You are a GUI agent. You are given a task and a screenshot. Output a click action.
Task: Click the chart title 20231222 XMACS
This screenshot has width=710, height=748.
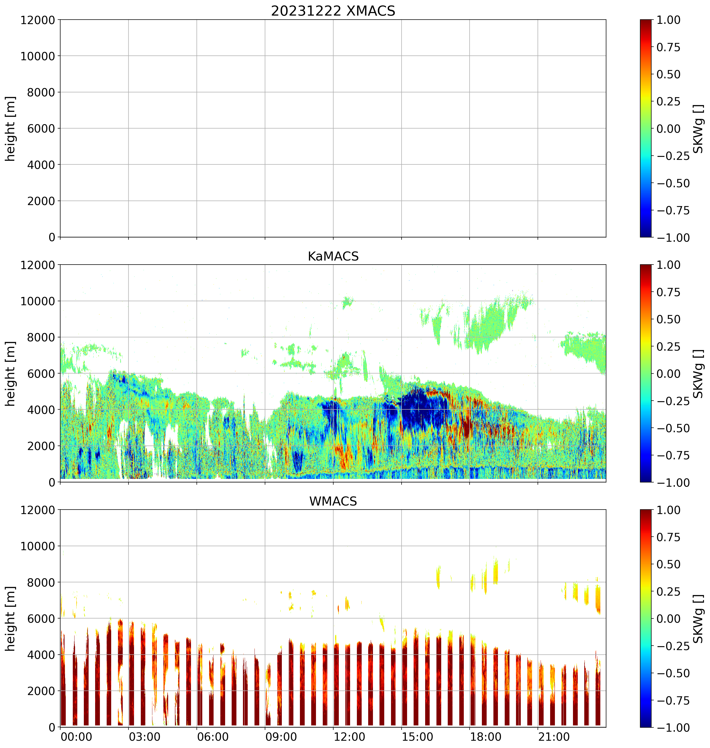pyautogui.click(x=333, y=11)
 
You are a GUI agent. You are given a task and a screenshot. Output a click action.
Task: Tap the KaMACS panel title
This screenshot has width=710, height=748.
pyautogui.click(x=333, y=256)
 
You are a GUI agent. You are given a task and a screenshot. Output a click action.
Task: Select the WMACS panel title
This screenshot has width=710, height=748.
pyautogui.click(x=333, y=501)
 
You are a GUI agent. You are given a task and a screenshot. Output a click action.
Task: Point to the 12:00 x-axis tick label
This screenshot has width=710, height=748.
pyautogui.click(x=349, y=737)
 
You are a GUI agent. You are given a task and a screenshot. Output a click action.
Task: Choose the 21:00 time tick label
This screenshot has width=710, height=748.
pyautogui.click(x=554, y=737)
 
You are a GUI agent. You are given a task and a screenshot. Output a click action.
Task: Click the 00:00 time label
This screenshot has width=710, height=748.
pyautogui.click(x=77, y=737)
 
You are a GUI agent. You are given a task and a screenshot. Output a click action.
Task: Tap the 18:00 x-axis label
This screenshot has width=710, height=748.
pyautogui.click(x=486, y=737)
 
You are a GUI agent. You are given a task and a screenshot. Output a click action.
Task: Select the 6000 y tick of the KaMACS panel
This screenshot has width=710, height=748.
pyautogui.click(x=41, y=373)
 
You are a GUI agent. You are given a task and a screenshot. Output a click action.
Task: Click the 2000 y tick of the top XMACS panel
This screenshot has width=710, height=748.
pyautogui.click(x=41, y=201)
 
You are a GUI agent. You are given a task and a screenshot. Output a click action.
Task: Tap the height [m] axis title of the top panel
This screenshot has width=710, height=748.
pyautogui.click(x=11, y=129)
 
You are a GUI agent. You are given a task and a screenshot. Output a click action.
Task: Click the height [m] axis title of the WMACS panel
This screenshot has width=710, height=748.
pyautogui.click(x=11, y=618)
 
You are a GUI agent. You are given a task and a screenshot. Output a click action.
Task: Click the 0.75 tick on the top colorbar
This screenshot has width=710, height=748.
pyautogui.click(x=668, y=47)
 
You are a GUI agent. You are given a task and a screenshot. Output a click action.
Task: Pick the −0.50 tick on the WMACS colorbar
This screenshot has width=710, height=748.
pyautogui.click(x=673, y=673)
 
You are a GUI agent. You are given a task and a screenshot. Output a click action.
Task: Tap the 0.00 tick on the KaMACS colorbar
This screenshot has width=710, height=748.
pyautogui.click(x=668, y=373)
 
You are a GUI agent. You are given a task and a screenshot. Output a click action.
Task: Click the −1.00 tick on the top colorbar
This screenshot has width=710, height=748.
pyautogui.click(x=673, y=238)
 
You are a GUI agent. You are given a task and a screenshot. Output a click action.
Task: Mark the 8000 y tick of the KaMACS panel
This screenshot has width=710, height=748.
pyautogui.click(x=41, y=337)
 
